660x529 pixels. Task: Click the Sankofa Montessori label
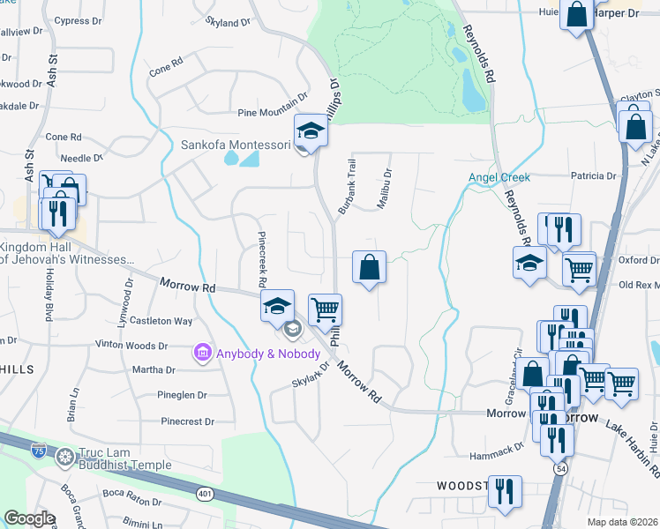(x=236, y=145)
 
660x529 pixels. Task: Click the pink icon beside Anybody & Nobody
(x=201, y=354)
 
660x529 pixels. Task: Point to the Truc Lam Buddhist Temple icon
(x=64, y=456)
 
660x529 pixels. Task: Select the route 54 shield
(x=560, y=470)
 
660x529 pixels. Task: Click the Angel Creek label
(x=499, y=177)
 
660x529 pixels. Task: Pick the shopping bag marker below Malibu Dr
(x=369, y=267)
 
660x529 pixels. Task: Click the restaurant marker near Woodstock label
(x=504, y=489)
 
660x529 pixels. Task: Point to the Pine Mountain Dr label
(x=273, y=112)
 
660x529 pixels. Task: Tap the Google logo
(x=29, y=518)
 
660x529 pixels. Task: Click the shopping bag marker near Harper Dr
(x=576, y=16)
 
